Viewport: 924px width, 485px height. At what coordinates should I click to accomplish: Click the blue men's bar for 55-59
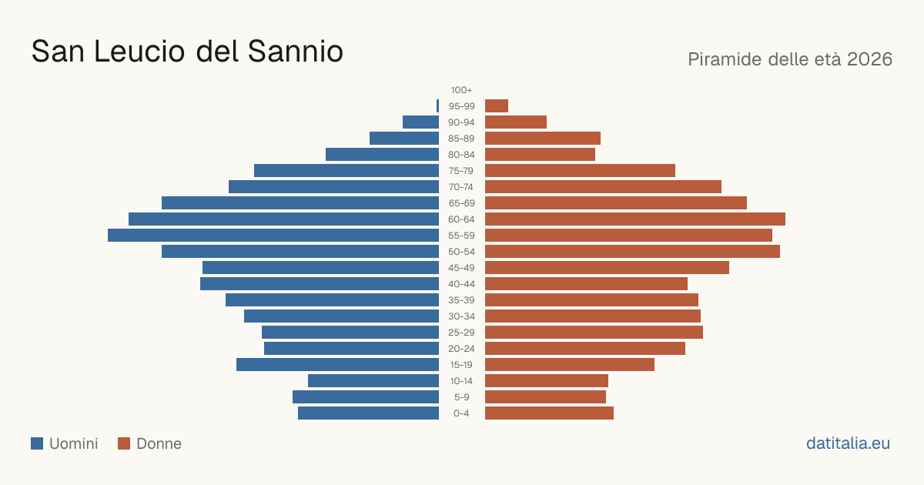point(273,235)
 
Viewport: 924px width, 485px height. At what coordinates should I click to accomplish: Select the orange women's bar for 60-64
point(635,219)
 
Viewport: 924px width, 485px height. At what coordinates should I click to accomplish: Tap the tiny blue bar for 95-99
point(437,106)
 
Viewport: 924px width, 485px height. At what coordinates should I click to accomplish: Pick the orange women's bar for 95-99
point(497,106)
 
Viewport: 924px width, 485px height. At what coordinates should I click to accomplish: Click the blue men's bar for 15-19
point(337,365)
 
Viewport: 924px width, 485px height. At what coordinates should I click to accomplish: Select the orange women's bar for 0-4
point(550,413)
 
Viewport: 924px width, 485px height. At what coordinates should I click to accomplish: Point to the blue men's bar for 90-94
point(420,122)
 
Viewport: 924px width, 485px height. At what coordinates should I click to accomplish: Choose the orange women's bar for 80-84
point(540,155)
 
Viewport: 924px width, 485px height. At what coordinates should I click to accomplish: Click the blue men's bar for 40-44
point(320,284)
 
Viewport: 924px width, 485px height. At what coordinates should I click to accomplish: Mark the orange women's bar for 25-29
point(594,333)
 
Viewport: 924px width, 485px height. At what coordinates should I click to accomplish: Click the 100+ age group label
point(461,90)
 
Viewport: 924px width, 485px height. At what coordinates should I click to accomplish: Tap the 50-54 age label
point(461,252)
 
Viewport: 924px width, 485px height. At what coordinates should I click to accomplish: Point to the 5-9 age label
point(461,397)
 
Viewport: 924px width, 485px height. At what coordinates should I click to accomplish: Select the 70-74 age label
point(461,187)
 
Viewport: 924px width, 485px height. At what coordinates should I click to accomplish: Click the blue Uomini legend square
point(37,443)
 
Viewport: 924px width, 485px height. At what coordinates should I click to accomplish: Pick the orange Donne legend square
point(124,443)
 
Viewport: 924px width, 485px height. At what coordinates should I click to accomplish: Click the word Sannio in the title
point(296,52)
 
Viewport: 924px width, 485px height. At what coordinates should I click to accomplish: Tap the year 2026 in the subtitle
point(869,59)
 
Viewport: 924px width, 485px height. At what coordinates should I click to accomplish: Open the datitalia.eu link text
point(848,443)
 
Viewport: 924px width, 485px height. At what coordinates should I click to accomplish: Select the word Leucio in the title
point(139,52)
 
